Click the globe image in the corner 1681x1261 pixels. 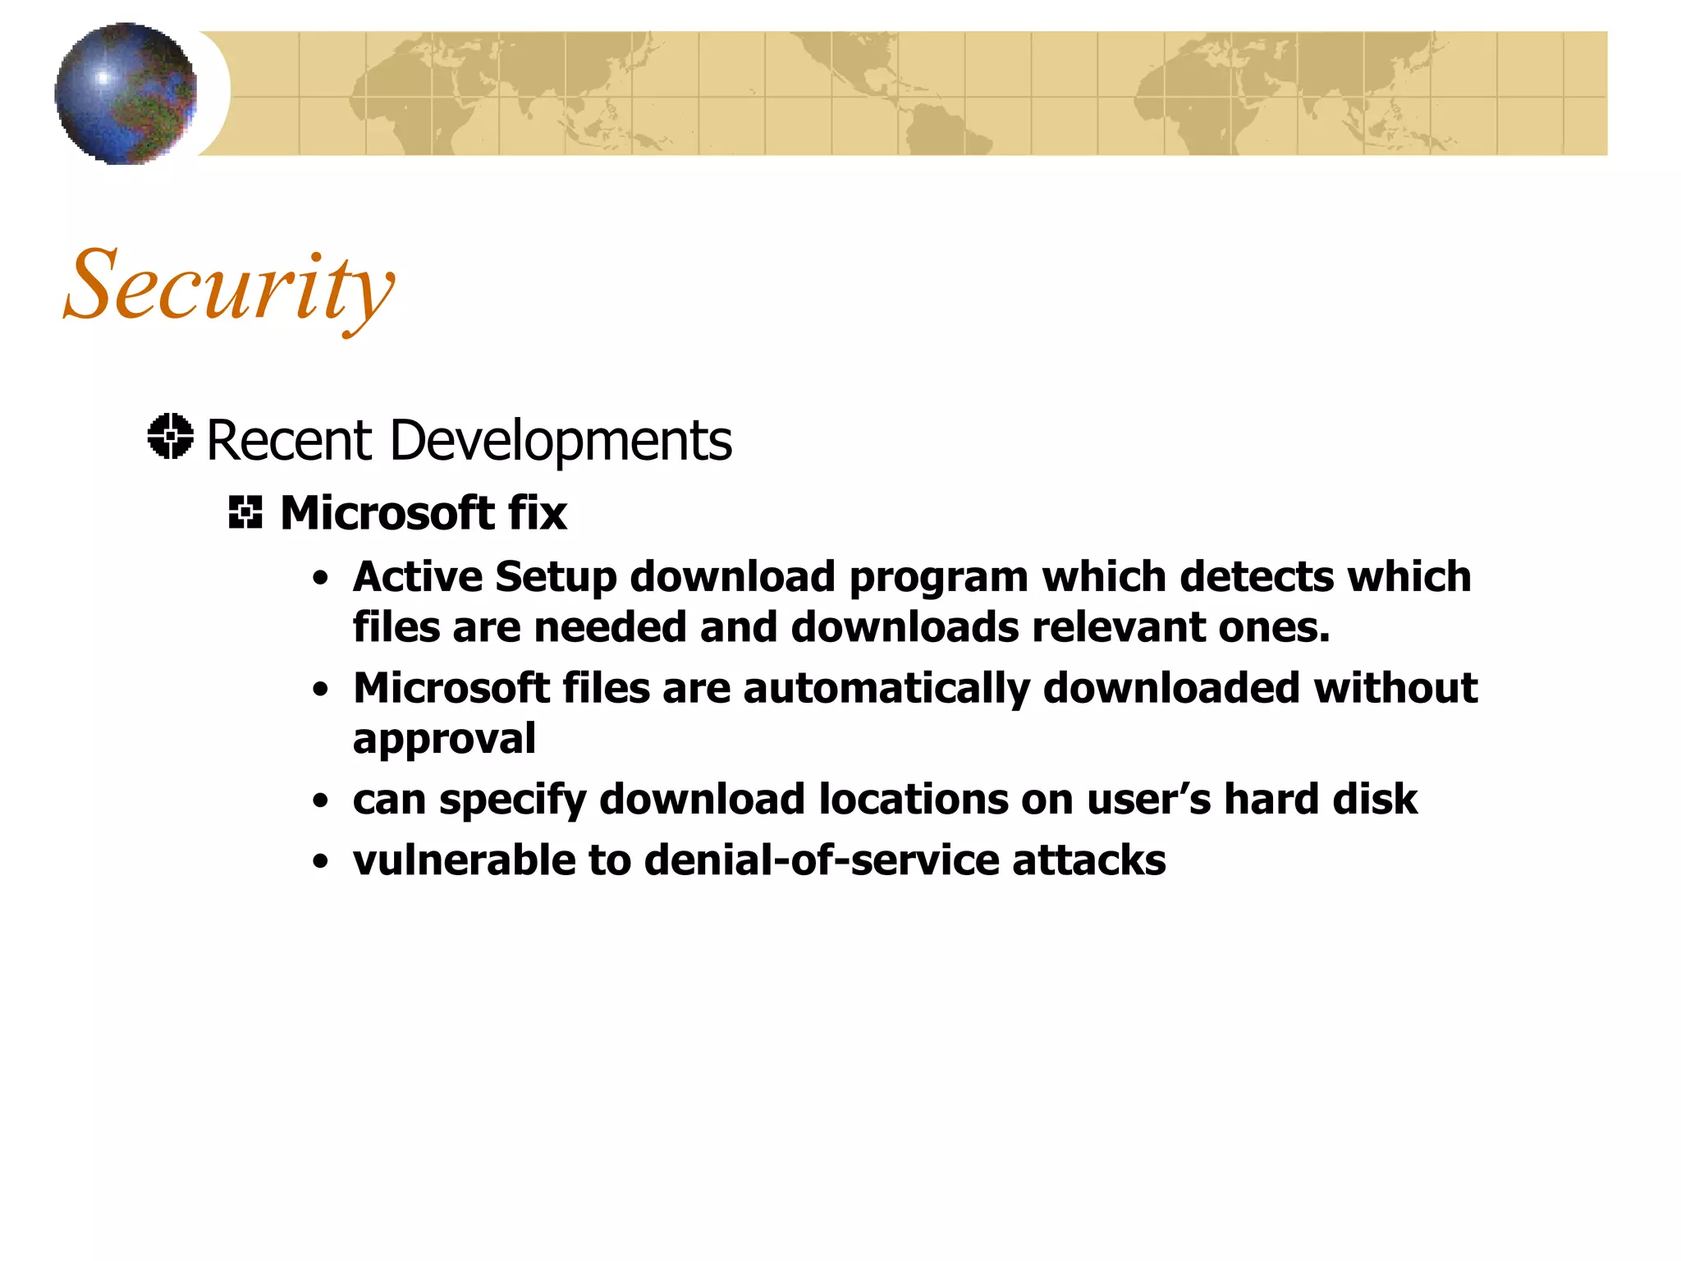126,94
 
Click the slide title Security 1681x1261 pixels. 229,287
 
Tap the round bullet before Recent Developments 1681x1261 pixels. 171,436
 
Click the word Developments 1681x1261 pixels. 561,442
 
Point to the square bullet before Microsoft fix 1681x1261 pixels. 245,512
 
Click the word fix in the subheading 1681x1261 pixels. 538,513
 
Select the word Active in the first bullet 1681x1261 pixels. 418,576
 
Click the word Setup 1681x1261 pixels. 556,576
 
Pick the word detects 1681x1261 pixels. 1257,576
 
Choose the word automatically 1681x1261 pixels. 886,689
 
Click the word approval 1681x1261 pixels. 444,740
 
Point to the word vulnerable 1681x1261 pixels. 464,860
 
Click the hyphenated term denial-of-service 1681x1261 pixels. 821,860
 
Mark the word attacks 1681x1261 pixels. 1088,860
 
